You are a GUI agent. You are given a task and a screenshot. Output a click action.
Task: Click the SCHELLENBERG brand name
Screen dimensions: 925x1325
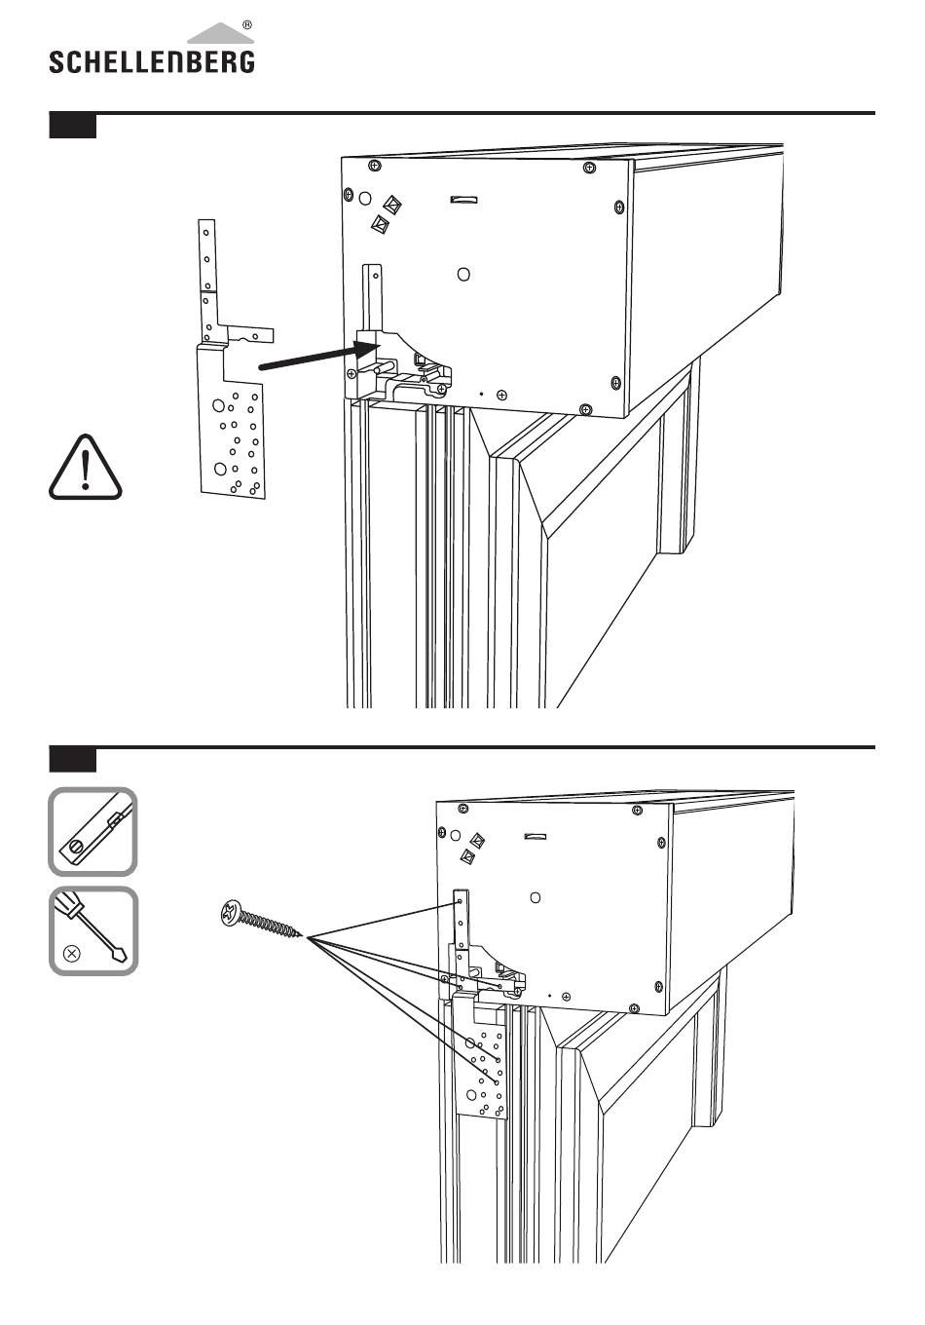point(152,62)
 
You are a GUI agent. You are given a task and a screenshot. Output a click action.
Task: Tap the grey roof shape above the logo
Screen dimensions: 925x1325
point(220,34)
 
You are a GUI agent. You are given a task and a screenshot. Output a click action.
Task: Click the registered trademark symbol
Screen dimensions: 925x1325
point(247,25)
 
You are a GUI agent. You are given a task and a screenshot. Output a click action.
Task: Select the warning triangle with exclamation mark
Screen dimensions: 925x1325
point(86,468)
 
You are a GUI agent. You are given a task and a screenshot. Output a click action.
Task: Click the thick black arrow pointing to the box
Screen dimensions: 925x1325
point(317,358)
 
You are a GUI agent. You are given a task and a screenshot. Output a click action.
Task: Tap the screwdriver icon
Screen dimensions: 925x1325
point(93,930)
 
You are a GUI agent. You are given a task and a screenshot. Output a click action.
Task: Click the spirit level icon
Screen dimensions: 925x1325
point(92,831)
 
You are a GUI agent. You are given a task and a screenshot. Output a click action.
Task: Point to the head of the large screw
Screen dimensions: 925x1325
point(231,913)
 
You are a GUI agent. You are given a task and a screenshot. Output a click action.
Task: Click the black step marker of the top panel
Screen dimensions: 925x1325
point(73,127)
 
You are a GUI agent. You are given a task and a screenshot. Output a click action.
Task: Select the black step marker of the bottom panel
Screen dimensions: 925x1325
point(73,761)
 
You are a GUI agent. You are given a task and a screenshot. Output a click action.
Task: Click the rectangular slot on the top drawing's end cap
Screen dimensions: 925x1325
point(464,200)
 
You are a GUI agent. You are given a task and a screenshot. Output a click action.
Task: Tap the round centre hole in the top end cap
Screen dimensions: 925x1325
point(464,275)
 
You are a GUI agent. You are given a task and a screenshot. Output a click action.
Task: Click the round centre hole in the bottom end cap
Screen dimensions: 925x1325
point(536,897)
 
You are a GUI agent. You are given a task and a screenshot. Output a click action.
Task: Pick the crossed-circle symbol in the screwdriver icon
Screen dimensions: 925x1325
point(71,954)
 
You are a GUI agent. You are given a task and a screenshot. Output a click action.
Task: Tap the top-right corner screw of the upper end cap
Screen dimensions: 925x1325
point(589,168)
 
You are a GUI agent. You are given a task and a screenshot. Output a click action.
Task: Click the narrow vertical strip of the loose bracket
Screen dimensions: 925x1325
point(206,281)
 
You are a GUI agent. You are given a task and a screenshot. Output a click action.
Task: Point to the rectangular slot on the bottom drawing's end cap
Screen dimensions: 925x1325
point(536,836)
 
